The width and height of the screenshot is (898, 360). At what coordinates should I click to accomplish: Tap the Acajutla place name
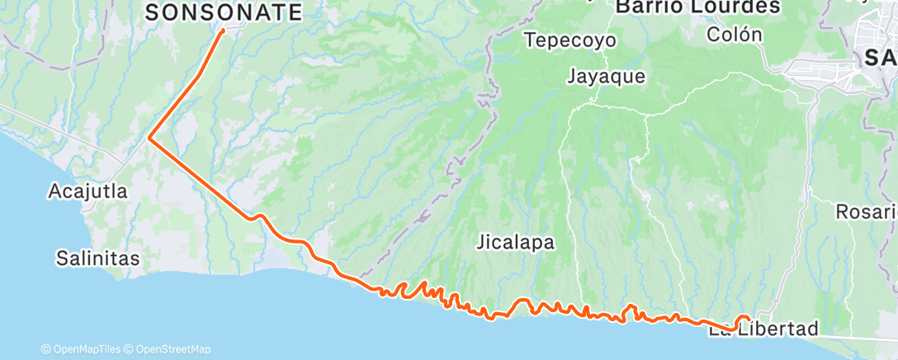(88, 192)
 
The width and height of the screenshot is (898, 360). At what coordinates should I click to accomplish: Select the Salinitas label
(97, 258)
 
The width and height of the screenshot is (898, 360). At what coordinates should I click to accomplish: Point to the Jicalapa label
(516, 243)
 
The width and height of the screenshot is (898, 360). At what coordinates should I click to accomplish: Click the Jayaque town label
(606, 76)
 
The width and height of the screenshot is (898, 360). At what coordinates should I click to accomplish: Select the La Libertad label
(763, 329)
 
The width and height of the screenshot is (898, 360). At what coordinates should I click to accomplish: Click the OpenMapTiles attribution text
(84, 349)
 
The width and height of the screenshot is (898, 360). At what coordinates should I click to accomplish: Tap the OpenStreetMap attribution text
(173, 349)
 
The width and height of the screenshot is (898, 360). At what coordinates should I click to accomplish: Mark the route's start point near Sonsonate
(223, 31)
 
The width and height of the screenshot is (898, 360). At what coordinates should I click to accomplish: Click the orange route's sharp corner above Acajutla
(149, 138)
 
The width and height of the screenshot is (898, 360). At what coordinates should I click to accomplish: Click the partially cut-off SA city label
(880, 57)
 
